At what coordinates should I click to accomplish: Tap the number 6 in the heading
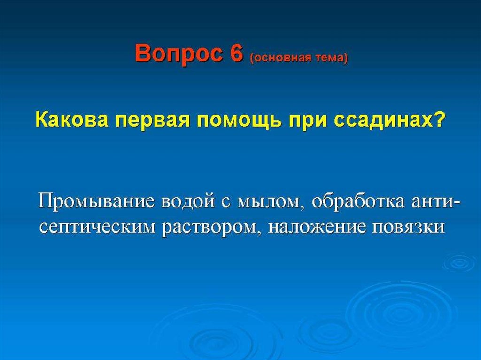pyautogui.click(x=236, y=53)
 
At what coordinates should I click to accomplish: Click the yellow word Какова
pyautogui.click(x=72, y=120)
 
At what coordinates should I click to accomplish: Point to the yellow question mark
pyautogui.click(x=438, y=120)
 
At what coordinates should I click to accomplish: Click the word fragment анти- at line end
pyautogui.click(x=435, y=203)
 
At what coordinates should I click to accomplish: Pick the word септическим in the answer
pyautogui.click(x=98, y=228)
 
